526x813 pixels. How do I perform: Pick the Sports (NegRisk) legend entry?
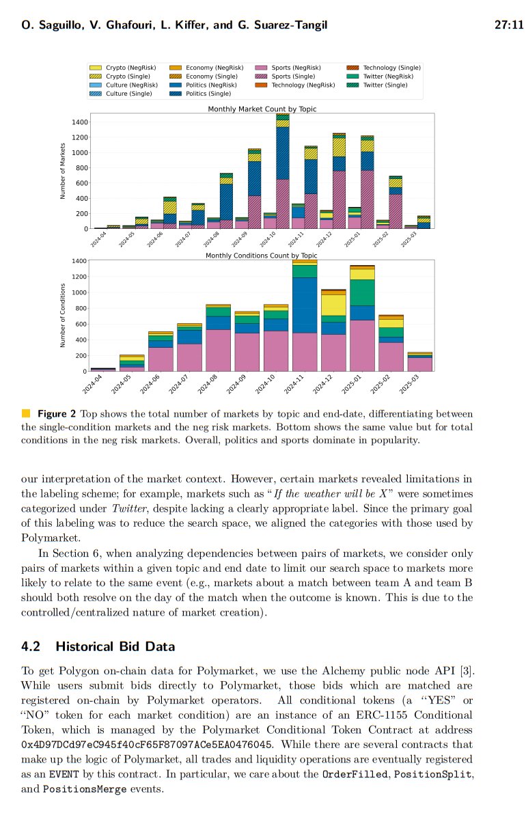pyautogui.click(x=296, y=68)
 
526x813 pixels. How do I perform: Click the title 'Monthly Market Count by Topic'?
pyautogui.click(x=262, y=109)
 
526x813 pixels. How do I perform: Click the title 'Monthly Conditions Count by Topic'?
pyautogui.click(x=262, y=256)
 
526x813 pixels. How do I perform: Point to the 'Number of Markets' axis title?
pyautogui.click(x=63, y=171)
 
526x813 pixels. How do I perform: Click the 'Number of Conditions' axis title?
pyautogui.click(x=63, y=315)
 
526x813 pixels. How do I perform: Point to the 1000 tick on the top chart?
pyautogui.click(x=80, y=152)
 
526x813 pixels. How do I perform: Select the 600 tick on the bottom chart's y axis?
pyautogui.click(x=80, y=324)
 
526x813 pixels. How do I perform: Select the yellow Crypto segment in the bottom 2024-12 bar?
pyautogui.click(x=333, y=305)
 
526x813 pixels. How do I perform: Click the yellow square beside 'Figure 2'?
pyautogui.click(x=26, y=413)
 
